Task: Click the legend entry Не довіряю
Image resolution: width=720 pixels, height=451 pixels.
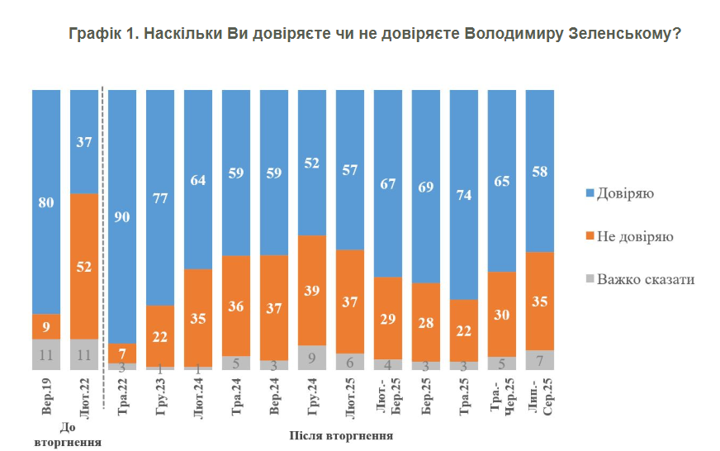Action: point(635,236)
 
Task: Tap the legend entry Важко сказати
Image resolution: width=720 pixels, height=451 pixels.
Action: point(646,279)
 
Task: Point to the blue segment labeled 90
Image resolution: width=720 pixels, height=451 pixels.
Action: point(122,216)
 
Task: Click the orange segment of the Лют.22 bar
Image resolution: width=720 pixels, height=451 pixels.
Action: point(84,266)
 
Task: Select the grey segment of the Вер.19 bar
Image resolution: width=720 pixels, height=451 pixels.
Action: point(46,354)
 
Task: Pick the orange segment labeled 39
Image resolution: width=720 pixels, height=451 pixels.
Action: point(312,290)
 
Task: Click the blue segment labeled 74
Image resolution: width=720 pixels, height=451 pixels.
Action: point(464,194)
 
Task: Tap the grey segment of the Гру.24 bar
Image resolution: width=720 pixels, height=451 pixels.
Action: point(312,358)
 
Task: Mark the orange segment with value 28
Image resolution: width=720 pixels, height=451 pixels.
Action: point(426,321)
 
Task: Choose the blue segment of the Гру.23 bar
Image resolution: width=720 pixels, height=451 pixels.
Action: point(160,197)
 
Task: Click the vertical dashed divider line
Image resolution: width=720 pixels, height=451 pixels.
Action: point(102,248)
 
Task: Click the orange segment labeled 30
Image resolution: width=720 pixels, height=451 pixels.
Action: point(502,314)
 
